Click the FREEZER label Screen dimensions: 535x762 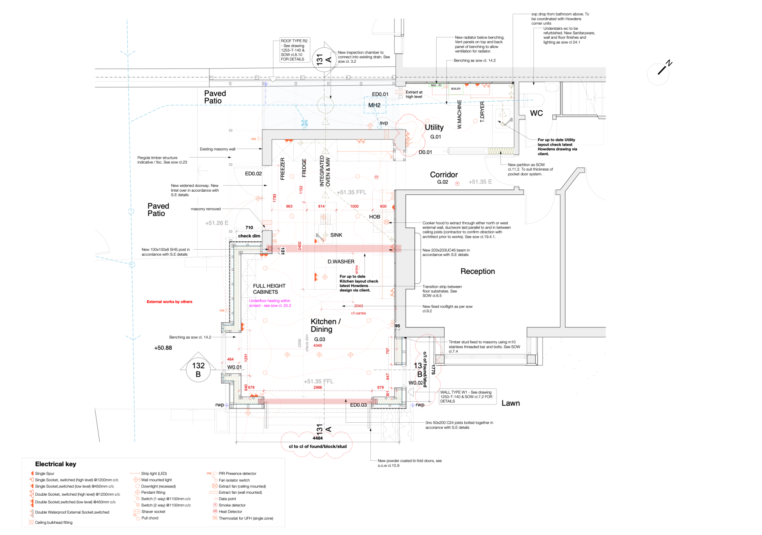click(x=283, y=169)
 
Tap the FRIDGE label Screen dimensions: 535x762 click(x=304, y=168)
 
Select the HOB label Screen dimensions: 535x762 click(x=375, y=217)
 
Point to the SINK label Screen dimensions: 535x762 click(x=336, y=235)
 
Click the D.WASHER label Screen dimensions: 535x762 click(x=341, y=262)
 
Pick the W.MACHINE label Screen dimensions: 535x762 click(x=460, y=114)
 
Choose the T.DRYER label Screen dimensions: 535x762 click(x=483, y=112)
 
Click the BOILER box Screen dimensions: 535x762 click(x=456, y=89)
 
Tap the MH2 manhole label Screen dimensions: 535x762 click(x=374, y=105)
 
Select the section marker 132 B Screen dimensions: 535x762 click(x=198, y=369)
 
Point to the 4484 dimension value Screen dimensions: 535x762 click(x=317, y=438)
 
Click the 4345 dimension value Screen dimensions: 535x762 click(x=317, y=346)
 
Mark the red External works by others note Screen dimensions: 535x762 click(x=169, y=302)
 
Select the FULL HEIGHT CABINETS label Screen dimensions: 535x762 click(x=269, y=289)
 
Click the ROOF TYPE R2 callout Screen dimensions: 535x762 click(x=294, y=50)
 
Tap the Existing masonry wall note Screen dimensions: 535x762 click(x=217, y=149)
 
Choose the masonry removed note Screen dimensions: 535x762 click(x=206, y=209)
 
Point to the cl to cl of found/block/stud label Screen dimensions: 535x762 click(x=317, y=446)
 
